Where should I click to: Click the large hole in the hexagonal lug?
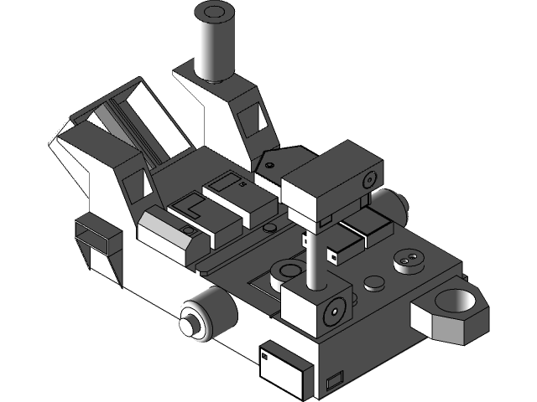457,300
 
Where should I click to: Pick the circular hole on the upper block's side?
367,178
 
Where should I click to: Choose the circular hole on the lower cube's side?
334,312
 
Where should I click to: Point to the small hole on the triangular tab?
269,165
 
